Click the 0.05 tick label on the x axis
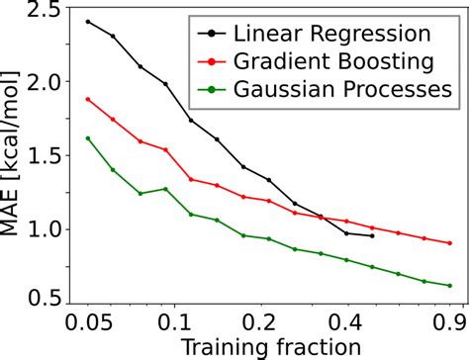coord(88,322)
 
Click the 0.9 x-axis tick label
coord(447,322)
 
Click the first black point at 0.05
coord(88,22)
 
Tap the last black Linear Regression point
coord(371,236)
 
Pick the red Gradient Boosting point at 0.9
coord(449,243)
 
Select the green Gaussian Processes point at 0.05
coord(88,138)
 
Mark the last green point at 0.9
coord(449,286)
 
